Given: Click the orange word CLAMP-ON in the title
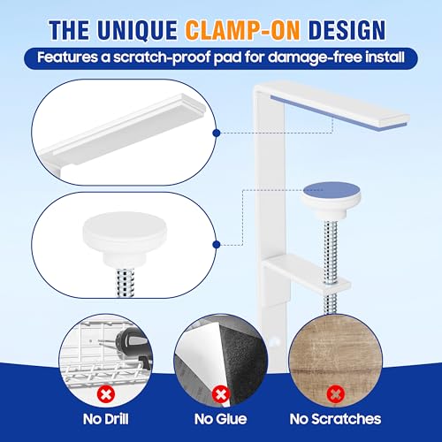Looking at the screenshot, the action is (x=242, y=30).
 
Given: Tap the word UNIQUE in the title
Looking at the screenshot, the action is (x=137, y=30).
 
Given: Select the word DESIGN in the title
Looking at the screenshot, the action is (x=347, y=30).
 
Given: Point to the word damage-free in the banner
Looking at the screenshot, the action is (x=315, y=57).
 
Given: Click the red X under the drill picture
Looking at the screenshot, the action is (x=105, y=394).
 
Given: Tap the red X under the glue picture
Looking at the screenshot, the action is (x=221, y=394).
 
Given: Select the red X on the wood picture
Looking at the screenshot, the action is (x=335, y=394).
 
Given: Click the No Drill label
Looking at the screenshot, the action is (x=106, y=419).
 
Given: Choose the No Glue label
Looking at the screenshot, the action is (x=220, y=419).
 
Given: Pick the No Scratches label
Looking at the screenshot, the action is (x=335, y=419).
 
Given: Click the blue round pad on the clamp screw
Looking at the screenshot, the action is (x=331, y=190).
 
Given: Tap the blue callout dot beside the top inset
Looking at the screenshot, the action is (x=217, y=133).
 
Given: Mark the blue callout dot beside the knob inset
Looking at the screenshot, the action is (x=217, y=244).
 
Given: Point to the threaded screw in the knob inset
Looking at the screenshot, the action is (x=125, y=282).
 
